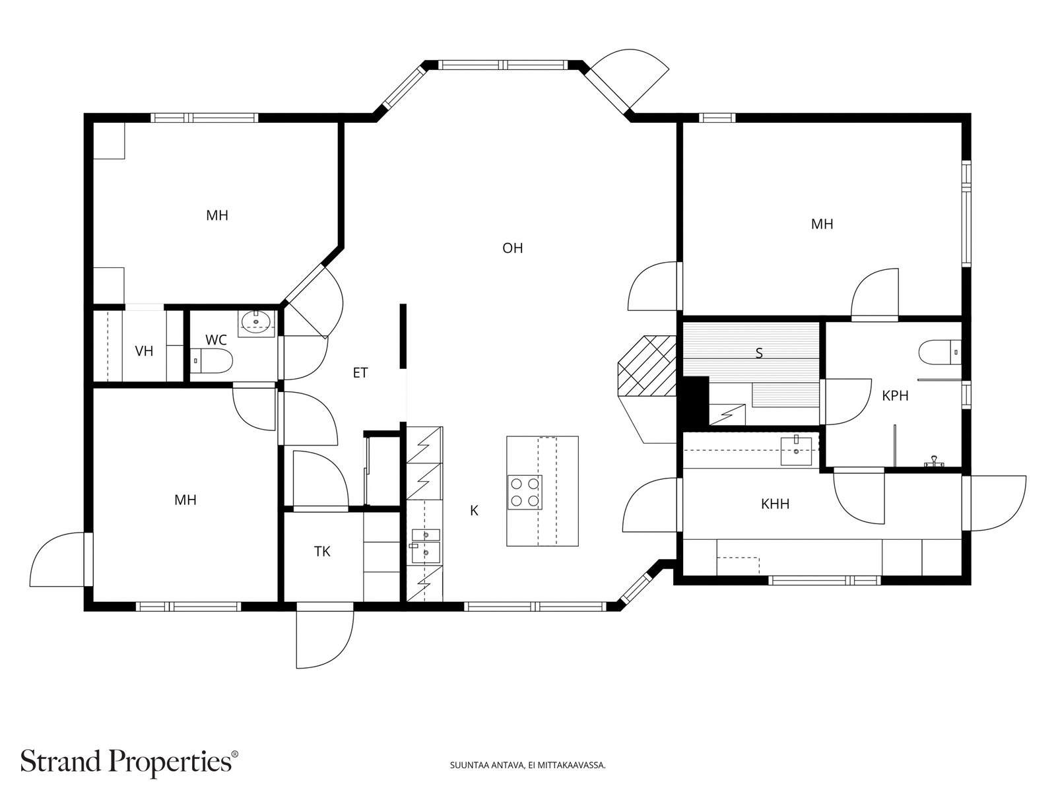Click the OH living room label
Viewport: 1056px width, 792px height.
point(512,248)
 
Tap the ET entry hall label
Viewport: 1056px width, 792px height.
point(360,373)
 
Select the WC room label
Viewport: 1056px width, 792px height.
point(216,340)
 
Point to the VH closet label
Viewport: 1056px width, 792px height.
point(144,351)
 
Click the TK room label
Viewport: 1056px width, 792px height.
point(322,552)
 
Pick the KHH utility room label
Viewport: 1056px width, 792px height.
point(775,504)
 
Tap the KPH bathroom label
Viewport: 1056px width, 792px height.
point(895,396)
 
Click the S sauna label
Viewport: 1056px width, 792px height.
point(759,354)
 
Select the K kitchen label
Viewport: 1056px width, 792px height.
point(474,511)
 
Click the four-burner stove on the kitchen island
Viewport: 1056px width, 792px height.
point(525,492)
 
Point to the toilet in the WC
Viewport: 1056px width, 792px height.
point(211,360)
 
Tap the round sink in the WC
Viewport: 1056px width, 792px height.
point(256,321)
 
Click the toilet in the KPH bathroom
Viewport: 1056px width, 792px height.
point(940,352)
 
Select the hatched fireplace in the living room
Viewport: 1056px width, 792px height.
point(647,366)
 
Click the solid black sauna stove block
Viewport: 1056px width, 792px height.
point(693,401)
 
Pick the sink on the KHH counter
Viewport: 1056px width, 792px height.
point(796,451)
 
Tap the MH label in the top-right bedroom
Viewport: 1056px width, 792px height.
point(822,224)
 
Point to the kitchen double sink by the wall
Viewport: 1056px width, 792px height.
point(425,546)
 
